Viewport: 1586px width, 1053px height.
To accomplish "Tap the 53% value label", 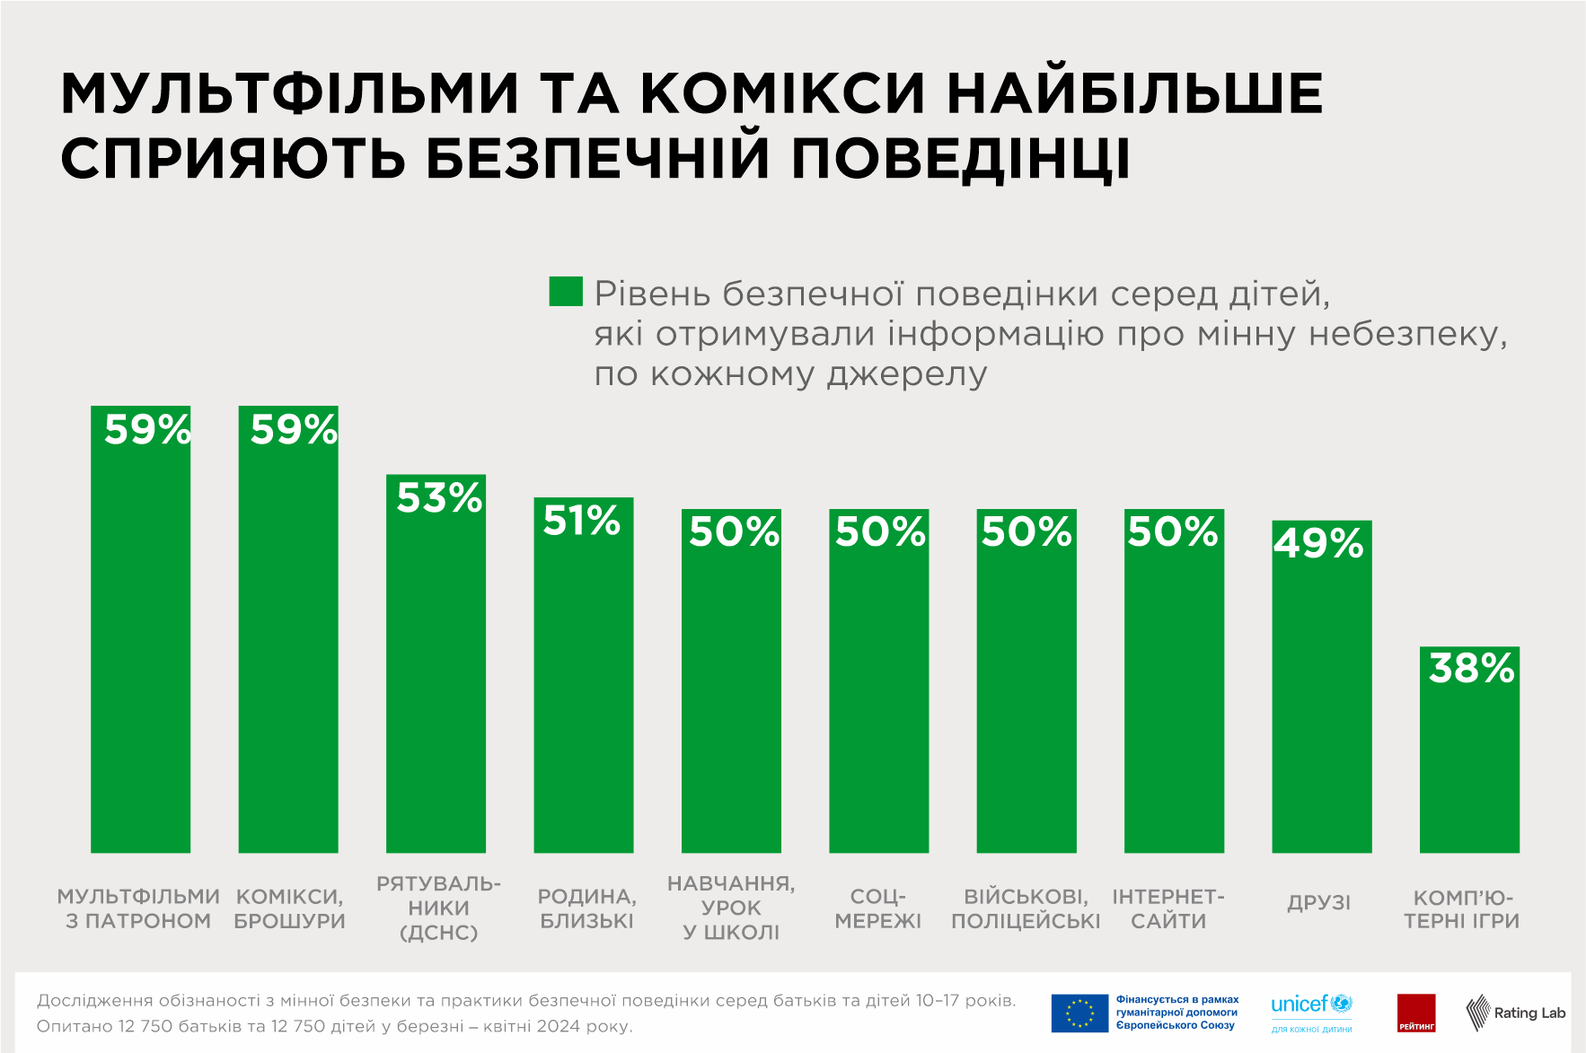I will click(439, 498).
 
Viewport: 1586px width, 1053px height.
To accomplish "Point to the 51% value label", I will click(582, 521).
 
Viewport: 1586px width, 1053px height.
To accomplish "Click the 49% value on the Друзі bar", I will click(1318, 543).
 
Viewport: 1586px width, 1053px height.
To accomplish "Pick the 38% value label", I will click(1471, 669).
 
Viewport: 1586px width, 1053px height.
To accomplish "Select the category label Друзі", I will click(1318, 903).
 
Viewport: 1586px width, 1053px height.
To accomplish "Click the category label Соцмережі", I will click(878, 908).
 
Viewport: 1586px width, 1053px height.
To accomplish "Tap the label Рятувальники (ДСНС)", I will click(438, 908).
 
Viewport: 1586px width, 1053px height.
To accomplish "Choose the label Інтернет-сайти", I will click(1168, 908).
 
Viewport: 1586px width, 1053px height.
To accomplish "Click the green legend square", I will click(566, 292).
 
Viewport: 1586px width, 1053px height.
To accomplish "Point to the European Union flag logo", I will click(1079, 1014).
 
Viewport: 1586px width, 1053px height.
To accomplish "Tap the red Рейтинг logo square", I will click(1416, 1013).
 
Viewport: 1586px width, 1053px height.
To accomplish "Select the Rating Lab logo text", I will click(1529, 1013).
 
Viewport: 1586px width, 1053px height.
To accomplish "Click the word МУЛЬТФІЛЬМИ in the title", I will click(290, 92).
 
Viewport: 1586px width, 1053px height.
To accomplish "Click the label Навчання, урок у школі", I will click(731, 908).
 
